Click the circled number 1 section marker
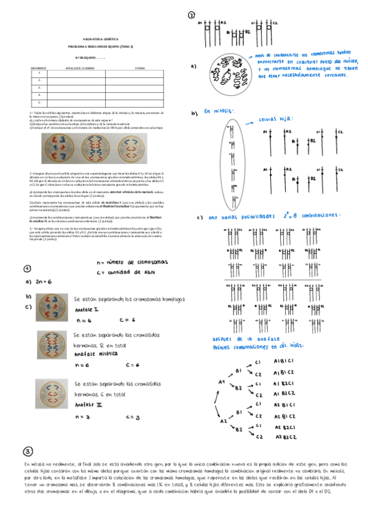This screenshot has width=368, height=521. coord(27,268)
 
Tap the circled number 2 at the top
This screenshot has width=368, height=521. coord(192,15)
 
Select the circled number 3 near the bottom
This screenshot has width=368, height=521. coord(27,452)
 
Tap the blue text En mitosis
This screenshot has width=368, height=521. coord(219,112)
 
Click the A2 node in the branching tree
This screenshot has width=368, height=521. coord(223,422)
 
